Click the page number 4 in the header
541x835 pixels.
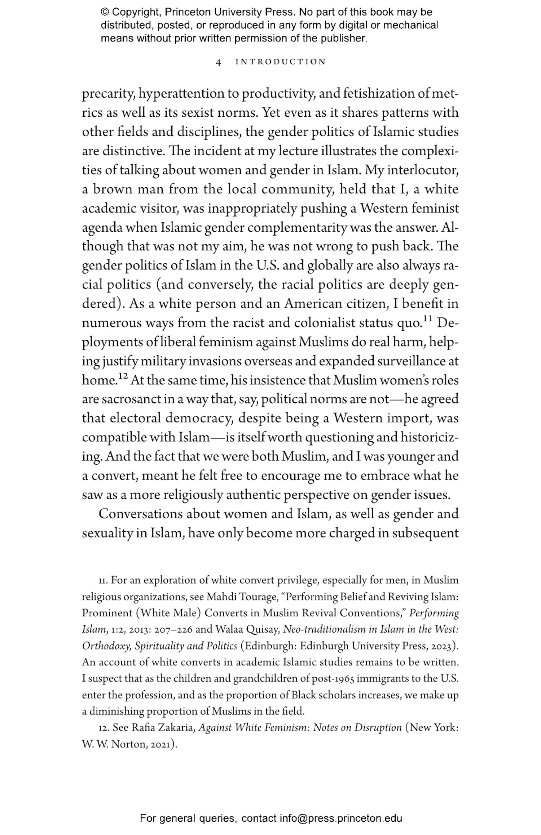(218, 62)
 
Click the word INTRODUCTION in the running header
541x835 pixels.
(280, 62)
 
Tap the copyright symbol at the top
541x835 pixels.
(105, 12)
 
